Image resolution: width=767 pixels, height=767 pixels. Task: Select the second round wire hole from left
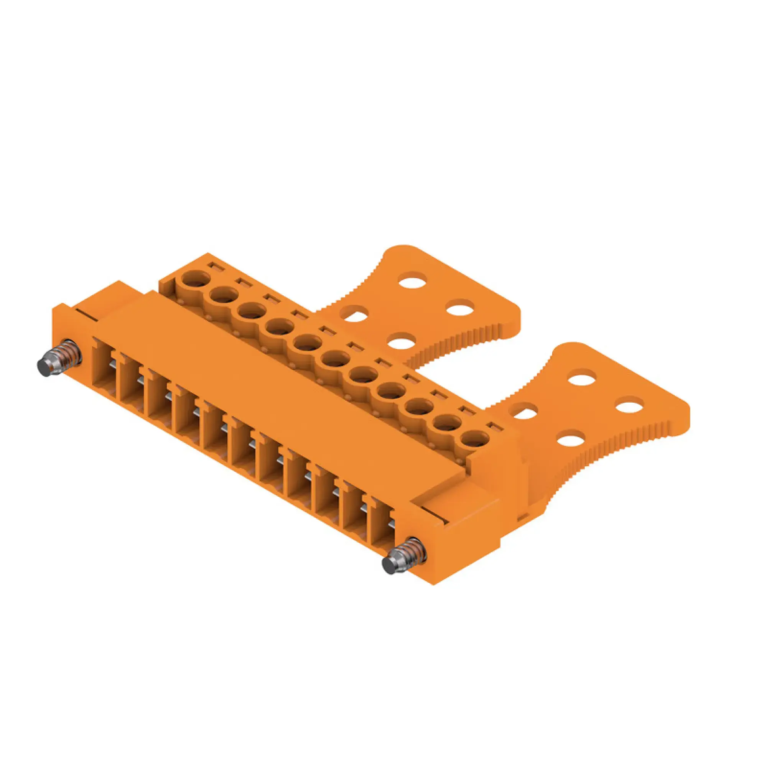224,296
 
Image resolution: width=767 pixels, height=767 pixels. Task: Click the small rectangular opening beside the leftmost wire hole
214,265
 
